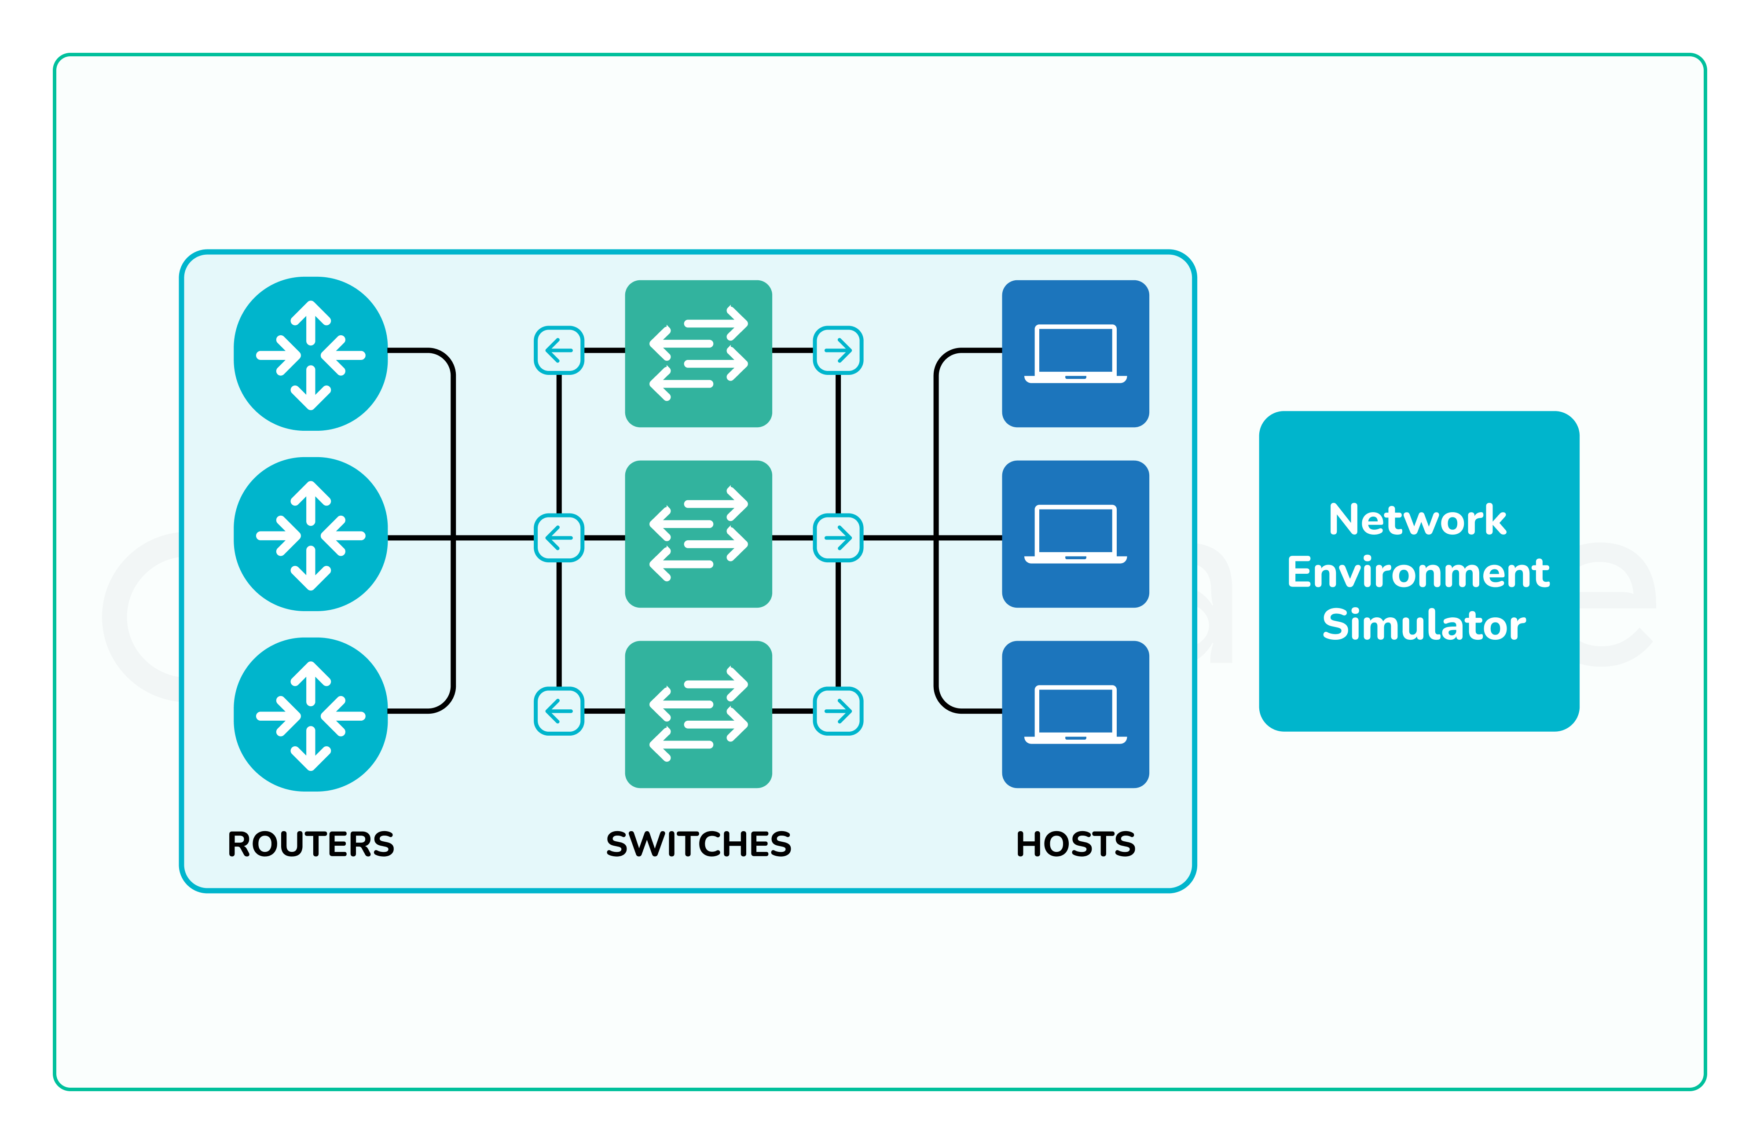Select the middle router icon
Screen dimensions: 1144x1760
311,534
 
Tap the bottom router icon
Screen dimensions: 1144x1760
311,715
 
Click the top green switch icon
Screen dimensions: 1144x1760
698,353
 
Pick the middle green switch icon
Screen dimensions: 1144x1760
698,534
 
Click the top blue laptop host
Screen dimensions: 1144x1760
1075,353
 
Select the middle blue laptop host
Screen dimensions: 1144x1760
1075,534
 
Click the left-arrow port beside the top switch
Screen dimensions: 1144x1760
559,350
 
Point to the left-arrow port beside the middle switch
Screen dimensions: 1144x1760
559,538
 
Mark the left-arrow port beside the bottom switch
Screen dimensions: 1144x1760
559,711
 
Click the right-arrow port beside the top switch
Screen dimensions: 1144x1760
838,350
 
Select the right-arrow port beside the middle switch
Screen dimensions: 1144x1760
838,538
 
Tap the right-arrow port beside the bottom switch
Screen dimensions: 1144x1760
838,711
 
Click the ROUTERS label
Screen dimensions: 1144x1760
311,844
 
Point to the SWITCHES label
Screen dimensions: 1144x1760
698,844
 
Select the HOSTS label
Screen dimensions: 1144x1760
1075,844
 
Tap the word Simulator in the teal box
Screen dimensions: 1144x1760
1423,625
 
